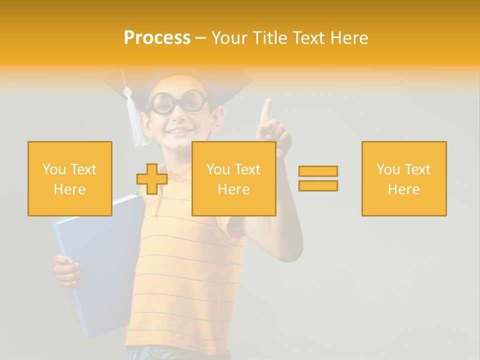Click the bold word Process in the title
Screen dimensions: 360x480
tap(157, 38)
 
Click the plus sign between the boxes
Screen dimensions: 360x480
tap(152, 178)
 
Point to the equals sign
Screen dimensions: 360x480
tap(318, 178)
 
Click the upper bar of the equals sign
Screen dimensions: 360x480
tap(318, 171)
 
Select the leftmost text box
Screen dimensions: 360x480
tap(70, 178)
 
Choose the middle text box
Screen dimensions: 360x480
tap(233, 178)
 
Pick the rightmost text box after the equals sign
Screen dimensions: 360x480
tap(403, 178)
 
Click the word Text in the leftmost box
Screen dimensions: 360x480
tap(83, 169)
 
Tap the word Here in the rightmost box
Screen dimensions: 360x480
tap(403, 189)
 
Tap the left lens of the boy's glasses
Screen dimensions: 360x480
tap(163, 103)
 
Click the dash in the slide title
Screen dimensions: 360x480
tap(201, 38)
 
